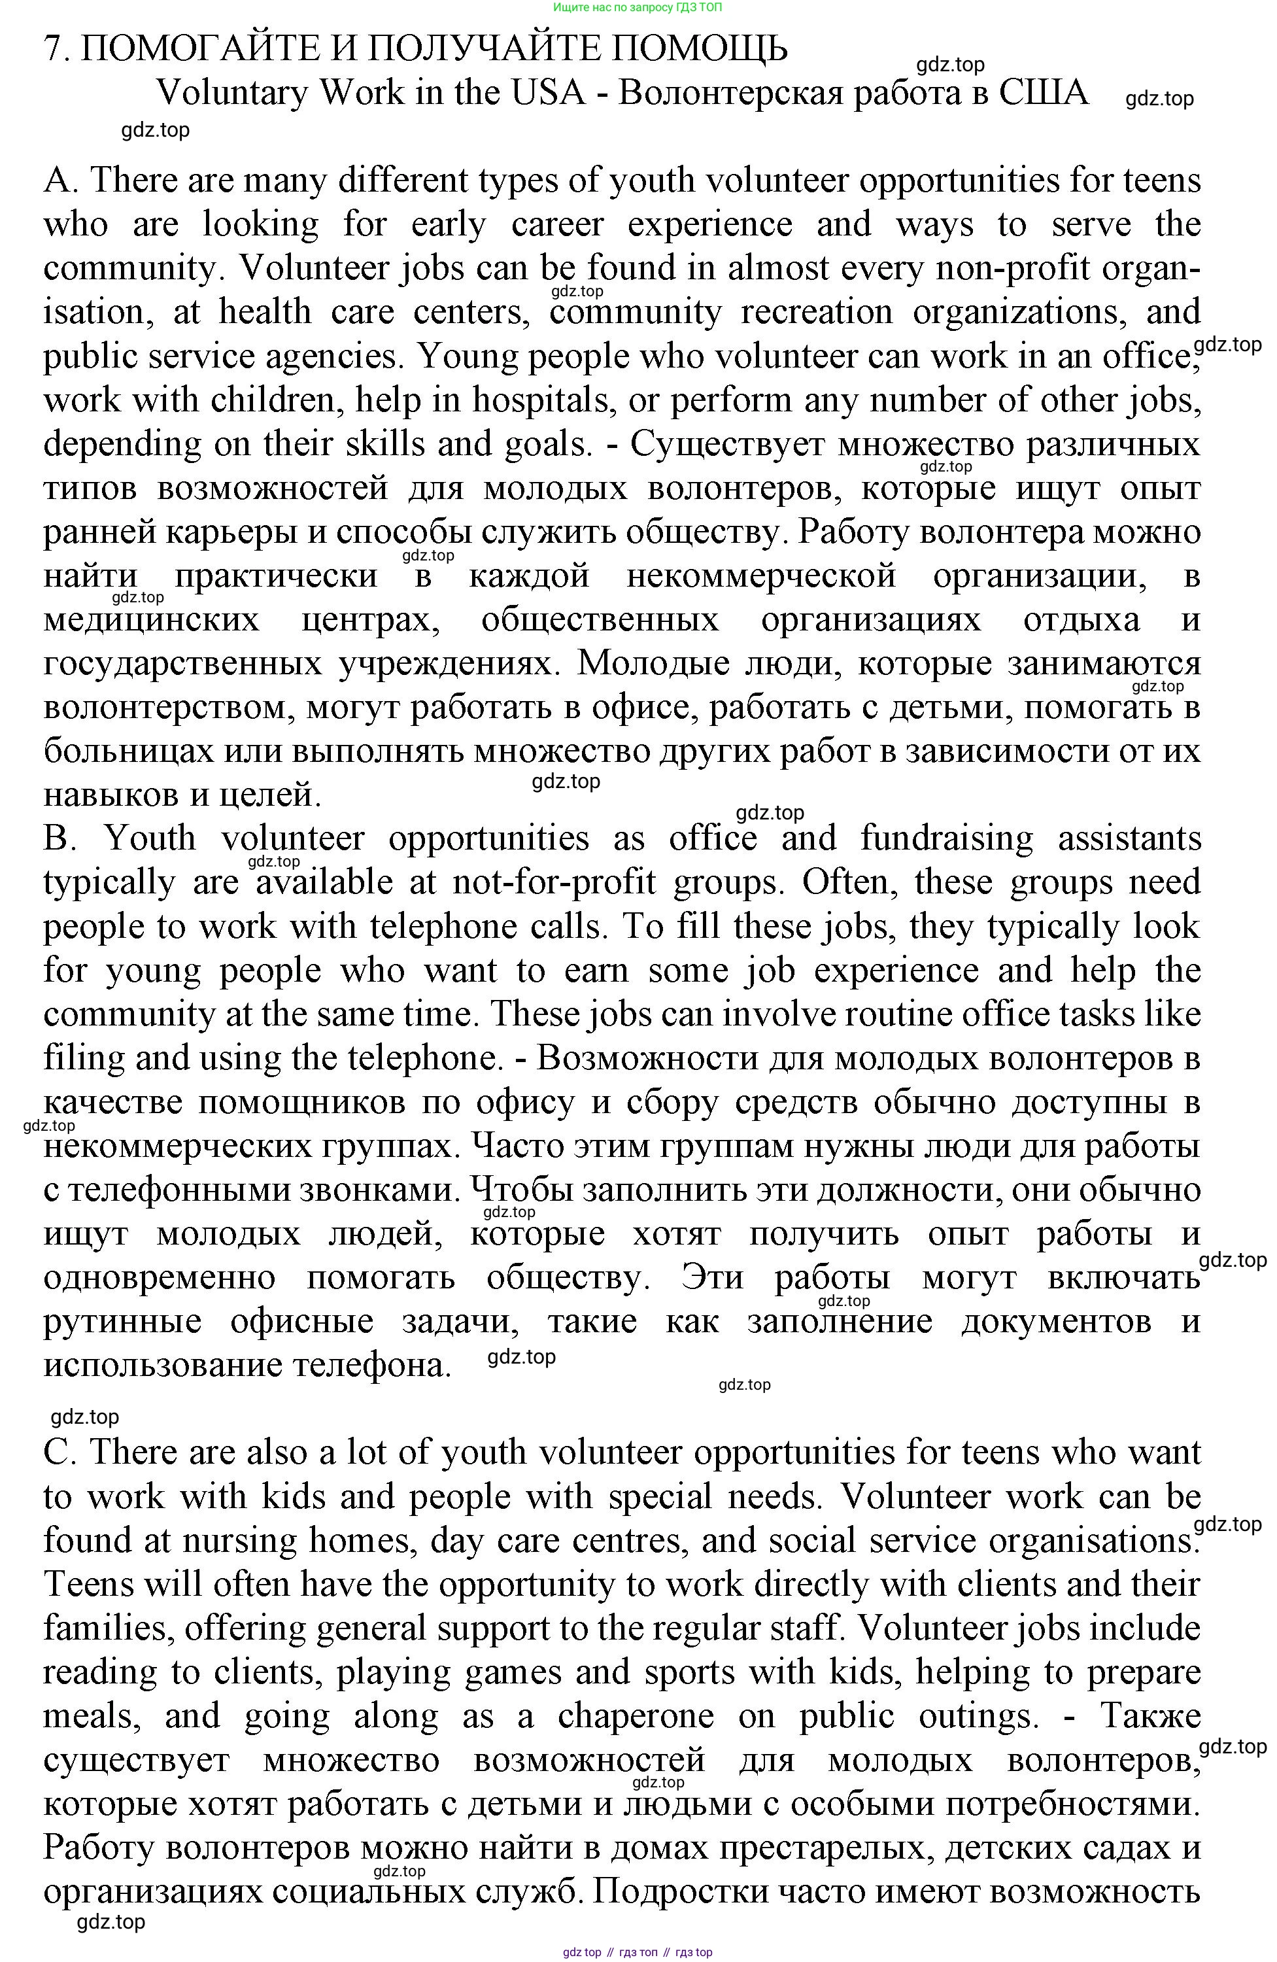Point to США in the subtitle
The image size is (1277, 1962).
click(x=1043, y=93)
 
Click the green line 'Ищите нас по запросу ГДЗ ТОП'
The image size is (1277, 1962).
click(x=638, y=7)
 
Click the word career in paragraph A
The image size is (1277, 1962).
click(x=557, y=224)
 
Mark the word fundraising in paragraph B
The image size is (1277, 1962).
click(x=945, y=839)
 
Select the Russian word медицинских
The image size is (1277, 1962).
click(x=151, y=620)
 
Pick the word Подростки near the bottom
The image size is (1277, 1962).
click(x=679, y=1892)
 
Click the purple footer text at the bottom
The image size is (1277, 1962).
click(x=638, y=1952)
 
